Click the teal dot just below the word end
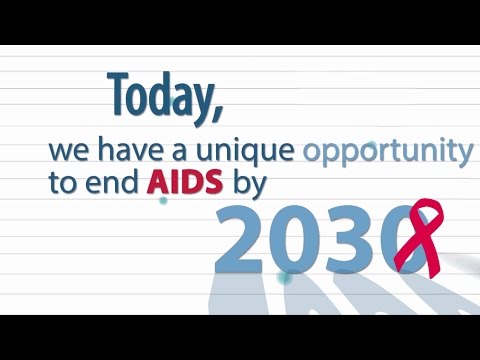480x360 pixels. tap(163, 200)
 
